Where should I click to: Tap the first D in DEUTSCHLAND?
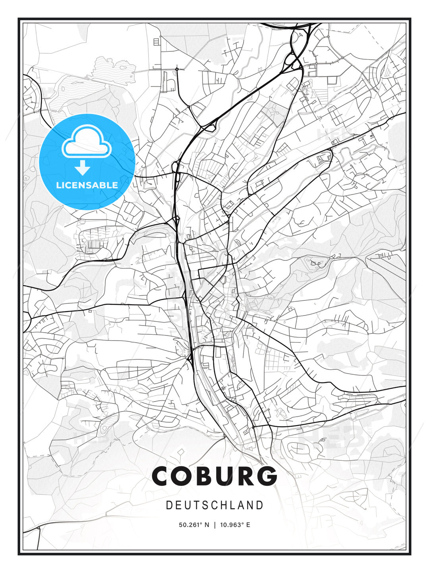click(169, 505)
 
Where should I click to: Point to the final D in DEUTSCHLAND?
click(260, 505)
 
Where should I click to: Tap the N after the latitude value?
click(207, 525)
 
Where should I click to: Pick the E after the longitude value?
click(248, 525)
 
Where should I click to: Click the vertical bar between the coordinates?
click(215, 525)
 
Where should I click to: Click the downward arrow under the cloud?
click(83, 168)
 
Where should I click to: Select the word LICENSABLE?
click(87, 185)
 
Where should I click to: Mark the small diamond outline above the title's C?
click(181, 452)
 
